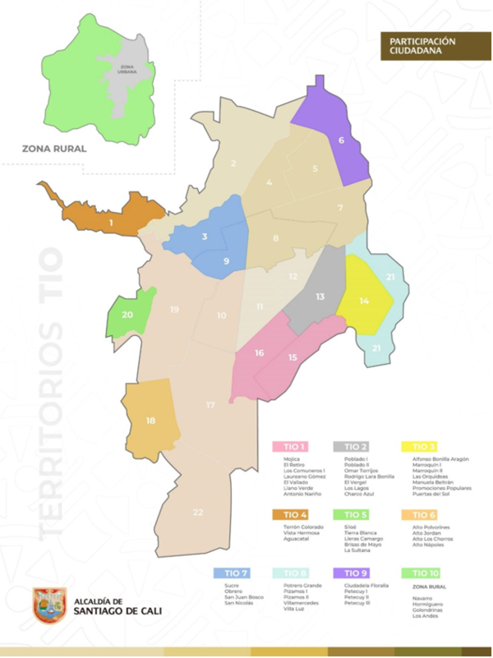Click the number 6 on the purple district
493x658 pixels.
341,140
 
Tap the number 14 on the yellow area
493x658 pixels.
365,301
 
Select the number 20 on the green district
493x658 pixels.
127,315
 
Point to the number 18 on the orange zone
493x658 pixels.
150,421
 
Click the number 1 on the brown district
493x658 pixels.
110,221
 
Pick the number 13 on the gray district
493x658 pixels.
320,296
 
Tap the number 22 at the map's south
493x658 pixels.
198,512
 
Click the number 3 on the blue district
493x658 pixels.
205,237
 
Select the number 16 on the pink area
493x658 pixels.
260,353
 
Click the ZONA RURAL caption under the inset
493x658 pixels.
55,150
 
